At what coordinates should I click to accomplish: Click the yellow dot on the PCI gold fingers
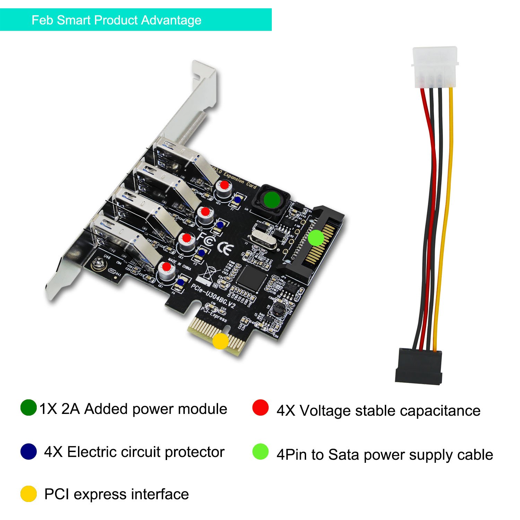tap(220, 341)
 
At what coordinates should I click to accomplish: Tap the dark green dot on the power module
tap(272, 199)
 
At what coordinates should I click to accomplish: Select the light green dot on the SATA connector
tap(316, 238)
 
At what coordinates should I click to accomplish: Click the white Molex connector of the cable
tap(435, 66)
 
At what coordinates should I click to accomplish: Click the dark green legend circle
tap(28, 408)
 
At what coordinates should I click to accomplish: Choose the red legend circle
tap(260, 408)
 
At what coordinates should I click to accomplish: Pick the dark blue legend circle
tap(28, 451)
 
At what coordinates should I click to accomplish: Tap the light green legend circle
tap(260, 452)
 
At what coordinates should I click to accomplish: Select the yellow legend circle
tap(28, 494)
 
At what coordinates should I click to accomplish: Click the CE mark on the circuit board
tap(225, 249)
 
